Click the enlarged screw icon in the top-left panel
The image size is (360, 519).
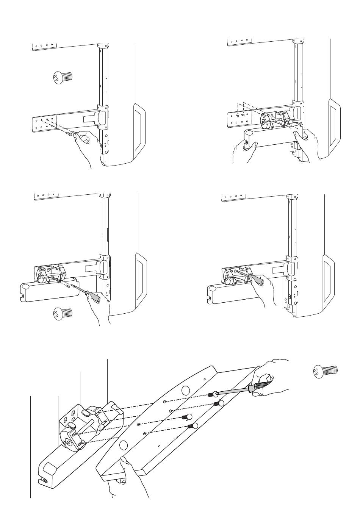(x=61, y=77)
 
